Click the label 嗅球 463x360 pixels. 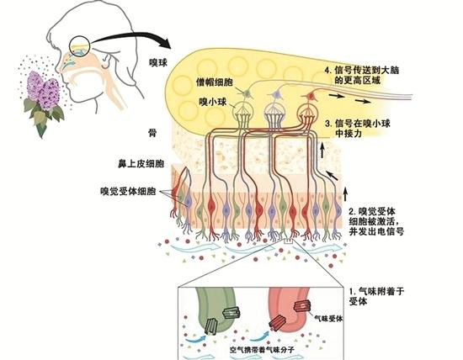click(158, 63)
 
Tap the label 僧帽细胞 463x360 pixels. click(215, 82)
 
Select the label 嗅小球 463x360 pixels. click(213, 102)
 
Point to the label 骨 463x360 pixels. click(152, 134)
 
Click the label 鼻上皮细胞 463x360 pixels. click(141, 164)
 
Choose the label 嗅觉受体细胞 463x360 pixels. click(128, 192)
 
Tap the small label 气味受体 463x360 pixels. click(328, 318)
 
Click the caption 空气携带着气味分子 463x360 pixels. click(262, 350)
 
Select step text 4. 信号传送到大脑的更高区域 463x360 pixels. click(362, 75)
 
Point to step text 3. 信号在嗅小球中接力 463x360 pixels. click(358, 129)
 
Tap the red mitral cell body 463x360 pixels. click(311, 96)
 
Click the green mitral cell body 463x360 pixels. click(247, 94)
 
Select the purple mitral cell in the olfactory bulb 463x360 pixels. click(276, 94)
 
